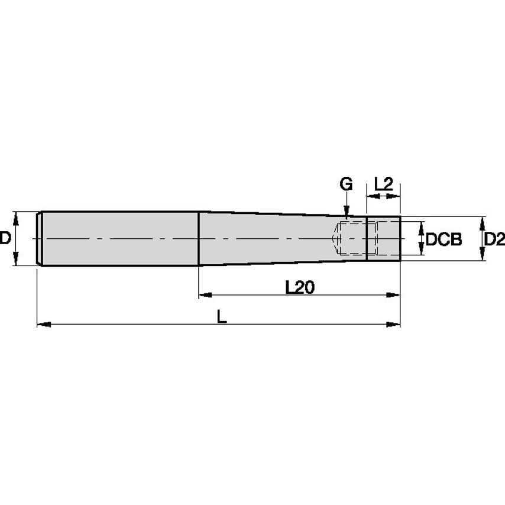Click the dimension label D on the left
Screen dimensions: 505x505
(x=5, y=238)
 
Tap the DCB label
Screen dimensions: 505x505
(x=444, y=239)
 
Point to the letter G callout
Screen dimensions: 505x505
(x=346, y=184)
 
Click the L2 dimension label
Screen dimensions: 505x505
(x=384, y=184)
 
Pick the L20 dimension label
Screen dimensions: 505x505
(x=300, y=287)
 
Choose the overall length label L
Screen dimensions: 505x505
(x=222, y=316)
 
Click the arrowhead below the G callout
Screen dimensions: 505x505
(x=346, y=212)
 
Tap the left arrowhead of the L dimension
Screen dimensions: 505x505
(x=44, y=324)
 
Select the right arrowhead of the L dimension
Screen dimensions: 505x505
(x=393, y=324)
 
